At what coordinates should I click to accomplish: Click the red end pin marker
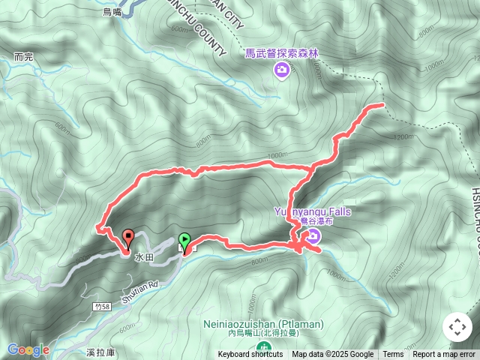point(128,238)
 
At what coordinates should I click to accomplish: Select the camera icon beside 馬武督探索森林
point(281,70)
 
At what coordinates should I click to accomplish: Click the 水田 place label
point(143,257)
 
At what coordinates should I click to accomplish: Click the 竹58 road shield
point(103,307)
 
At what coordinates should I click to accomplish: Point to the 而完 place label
point(24,57)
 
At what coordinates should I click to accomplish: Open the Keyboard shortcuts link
point(250,355)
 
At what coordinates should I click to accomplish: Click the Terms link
point(393,355)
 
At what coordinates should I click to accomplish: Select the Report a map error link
point(444,355)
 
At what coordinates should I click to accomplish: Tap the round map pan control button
point(457,327)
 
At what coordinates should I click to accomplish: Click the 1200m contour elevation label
point(403,137)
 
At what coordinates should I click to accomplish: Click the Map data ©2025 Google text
point(332,355)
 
